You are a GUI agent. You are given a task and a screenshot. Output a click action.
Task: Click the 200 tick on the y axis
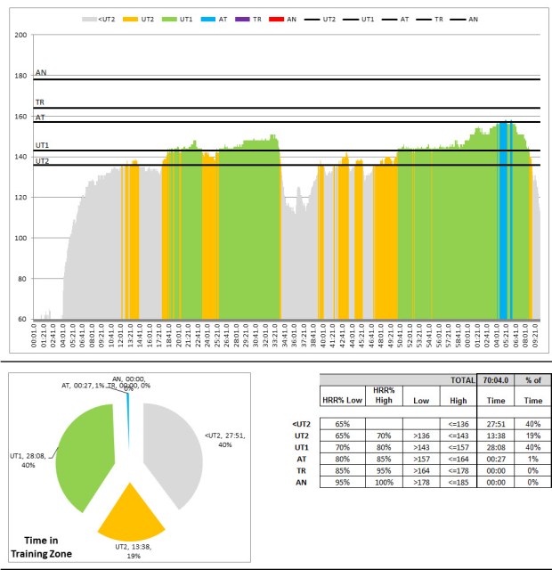(21, 35)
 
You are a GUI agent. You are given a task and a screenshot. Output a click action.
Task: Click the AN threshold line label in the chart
(41, 74)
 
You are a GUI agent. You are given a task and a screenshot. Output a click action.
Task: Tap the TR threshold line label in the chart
(40, 102)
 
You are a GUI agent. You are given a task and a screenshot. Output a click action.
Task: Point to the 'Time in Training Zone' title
(53, 547)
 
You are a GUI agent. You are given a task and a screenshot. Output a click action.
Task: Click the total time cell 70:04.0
(494, 379)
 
